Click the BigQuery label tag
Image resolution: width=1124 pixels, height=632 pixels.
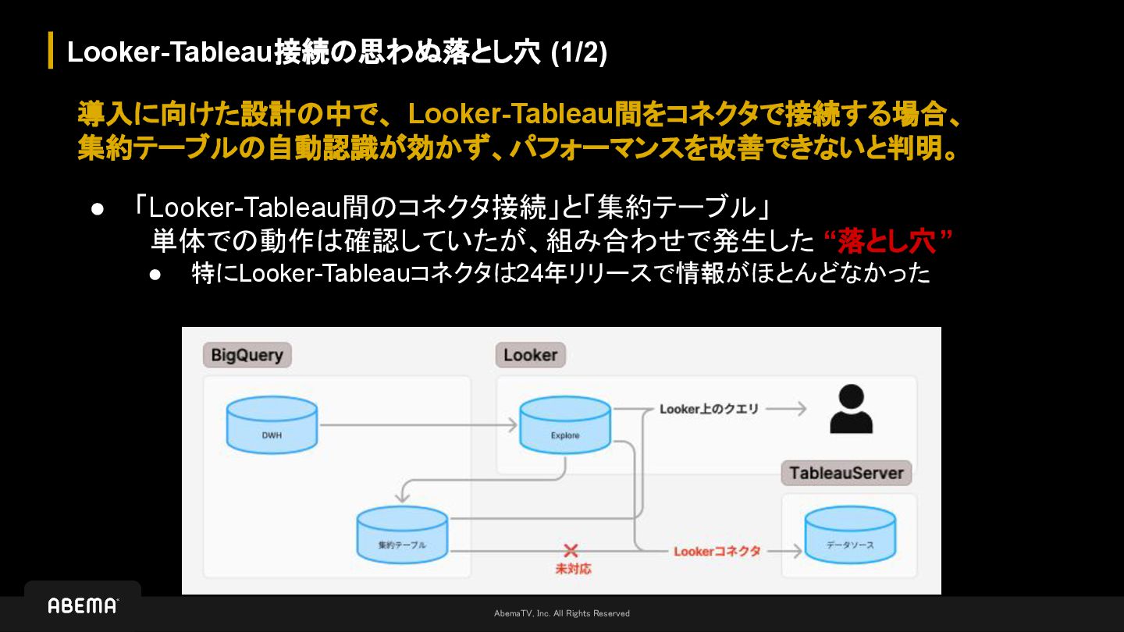247,355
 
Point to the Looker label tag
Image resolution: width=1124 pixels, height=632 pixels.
530,355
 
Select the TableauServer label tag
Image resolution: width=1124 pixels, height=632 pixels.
846,473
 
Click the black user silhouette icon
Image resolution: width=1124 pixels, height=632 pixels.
851,409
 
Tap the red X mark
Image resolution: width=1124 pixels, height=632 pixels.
571,551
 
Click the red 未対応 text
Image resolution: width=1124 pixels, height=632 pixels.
573,569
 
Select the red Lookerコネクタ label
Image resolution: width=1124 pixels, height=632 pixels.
717,551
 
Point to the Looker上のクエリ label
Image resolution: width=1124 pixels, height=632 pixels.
709,409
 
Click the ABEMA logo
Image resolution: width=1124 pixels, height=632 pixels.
83,605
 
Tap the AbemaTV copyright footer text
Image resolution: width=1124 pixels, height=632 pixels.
561,613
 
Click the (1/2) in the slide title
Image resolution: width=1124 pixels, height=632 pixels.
578,52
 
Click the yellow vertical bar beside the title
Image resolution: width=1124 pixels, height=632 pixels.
51,50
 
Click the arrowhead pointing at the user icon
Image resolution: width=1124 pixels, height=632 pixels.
799,409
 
